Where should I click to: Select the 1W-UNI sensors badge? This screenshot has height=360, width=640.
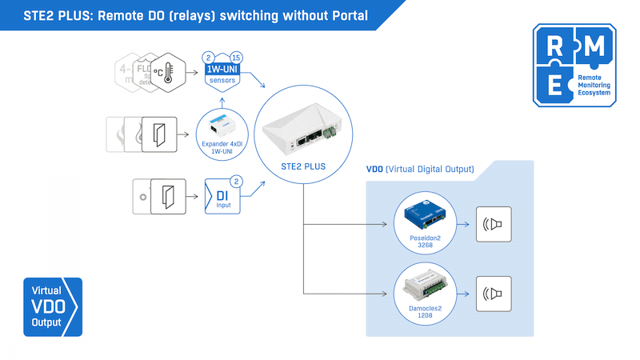click(222, 74)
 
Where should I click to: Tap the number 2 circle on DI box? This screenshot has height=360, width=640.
click(236, 181)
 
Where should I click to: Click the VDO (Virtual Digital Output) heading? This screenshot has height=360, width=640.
click(420, 170)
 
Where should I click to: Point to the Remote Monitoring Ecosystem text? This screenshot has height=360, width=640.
click(591, 86)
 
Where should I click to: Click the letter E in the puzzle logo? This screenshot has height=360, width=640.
click(554, 86)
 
